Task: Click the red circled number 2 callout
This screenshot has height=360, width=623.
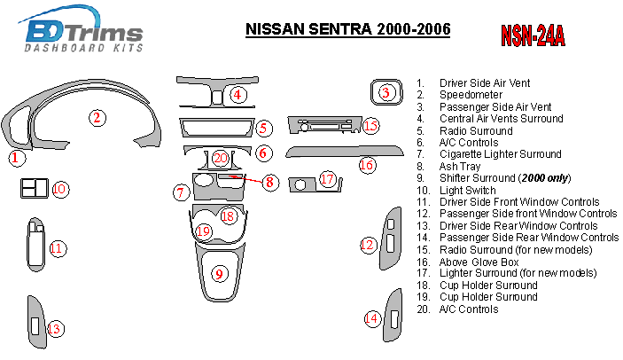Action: point(97,116)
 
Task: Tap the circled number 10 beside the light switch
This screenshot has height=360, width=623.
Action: point(59,189)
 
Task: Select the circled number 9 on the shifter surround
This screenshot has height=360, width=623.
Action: point(219,274)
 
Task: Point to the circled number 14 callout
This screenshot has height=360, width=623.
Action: point(371,318)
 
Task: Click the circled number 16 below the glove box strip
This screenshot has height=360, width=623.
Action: point(367,165)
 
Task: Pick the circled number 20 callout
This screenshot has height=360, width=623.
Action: point(220,159)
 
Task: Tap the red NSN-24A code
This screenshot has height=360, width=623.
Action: point(533,35)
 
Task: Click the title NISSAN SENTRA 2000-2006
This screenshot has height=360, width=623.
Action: point(347,29)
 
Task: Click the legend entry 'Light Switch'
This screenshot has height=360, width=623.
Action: point(471,190)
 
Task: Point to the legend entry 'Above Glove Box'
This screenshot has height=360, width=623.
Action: point(479,262)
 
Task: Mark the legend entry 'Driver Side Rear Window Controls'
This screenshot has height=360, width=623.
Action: point(518,225)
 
